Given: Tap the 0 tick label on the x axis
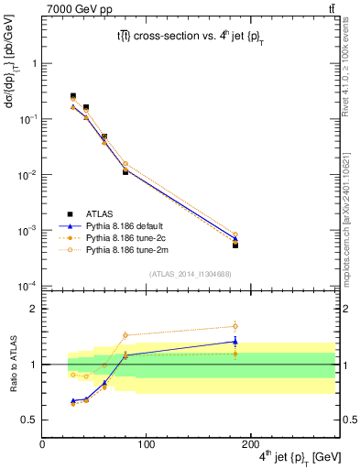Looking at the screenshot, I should click(42, 444).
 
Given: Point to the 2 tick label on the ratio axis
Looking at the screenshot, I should click(35, 309).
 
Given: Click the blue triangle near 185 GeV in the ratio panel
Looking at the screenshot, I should click(235, 342).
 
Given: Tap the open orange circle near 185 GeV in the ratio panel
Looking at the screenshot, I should click(235, 326).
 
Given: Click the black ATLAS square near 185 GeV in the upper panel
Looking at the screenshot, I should click(235, 245).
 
